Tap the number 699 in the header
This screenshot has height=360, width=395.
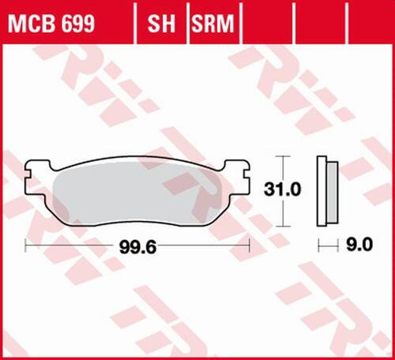tap(77, 25)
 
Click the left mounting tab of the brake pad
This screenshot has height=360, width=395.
tap(32, 168)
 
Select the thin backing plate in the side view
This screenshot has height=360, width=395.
tap(321, 189)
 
